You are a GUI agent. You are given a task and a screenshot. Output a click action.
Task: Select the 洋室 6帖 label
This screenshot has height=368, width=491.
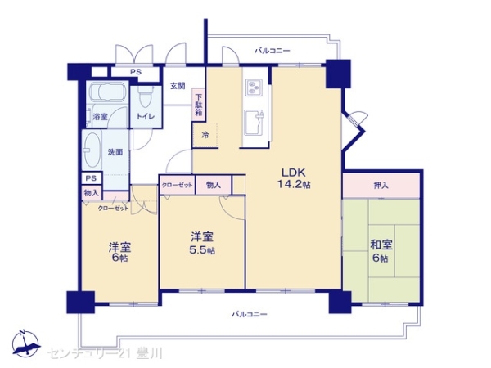(119, 252)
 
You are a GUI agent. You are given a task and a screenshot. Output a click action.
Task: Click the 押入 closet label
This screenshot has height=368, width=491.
(381, 186)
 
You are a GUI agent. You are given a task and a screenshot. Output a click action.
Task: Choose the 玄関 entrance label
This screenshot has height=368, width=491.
(178, 86)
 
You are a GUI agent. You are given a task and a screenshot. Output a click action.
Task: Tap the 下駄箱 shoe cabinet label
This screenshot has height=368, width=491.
(199, 106)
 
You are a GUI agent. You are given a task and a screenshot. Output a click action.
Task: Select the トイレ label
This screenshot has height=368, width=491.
(145, 117)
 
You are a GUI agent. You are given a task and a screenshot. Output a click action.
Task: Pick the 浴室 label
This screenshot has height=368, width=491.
(101, 117)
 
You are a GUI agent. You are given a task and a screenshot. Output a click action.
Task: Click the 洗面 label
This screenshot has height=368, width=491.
(115, 152)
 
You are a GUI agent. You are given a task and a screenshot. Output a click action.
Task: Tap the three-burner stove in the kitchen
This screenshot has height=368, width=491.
(252, 86)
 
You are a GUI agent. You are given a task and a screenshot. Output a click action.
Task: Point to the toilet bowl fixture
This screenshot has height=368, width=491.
(146, 97)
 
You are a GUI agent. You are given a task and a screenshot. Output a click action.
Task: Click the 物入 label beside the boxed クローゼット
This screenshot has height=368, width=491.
(214, 186)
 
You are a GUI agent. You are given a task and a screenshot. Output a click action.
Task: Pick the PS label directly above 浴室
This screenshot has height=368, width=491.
(136, 71)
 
